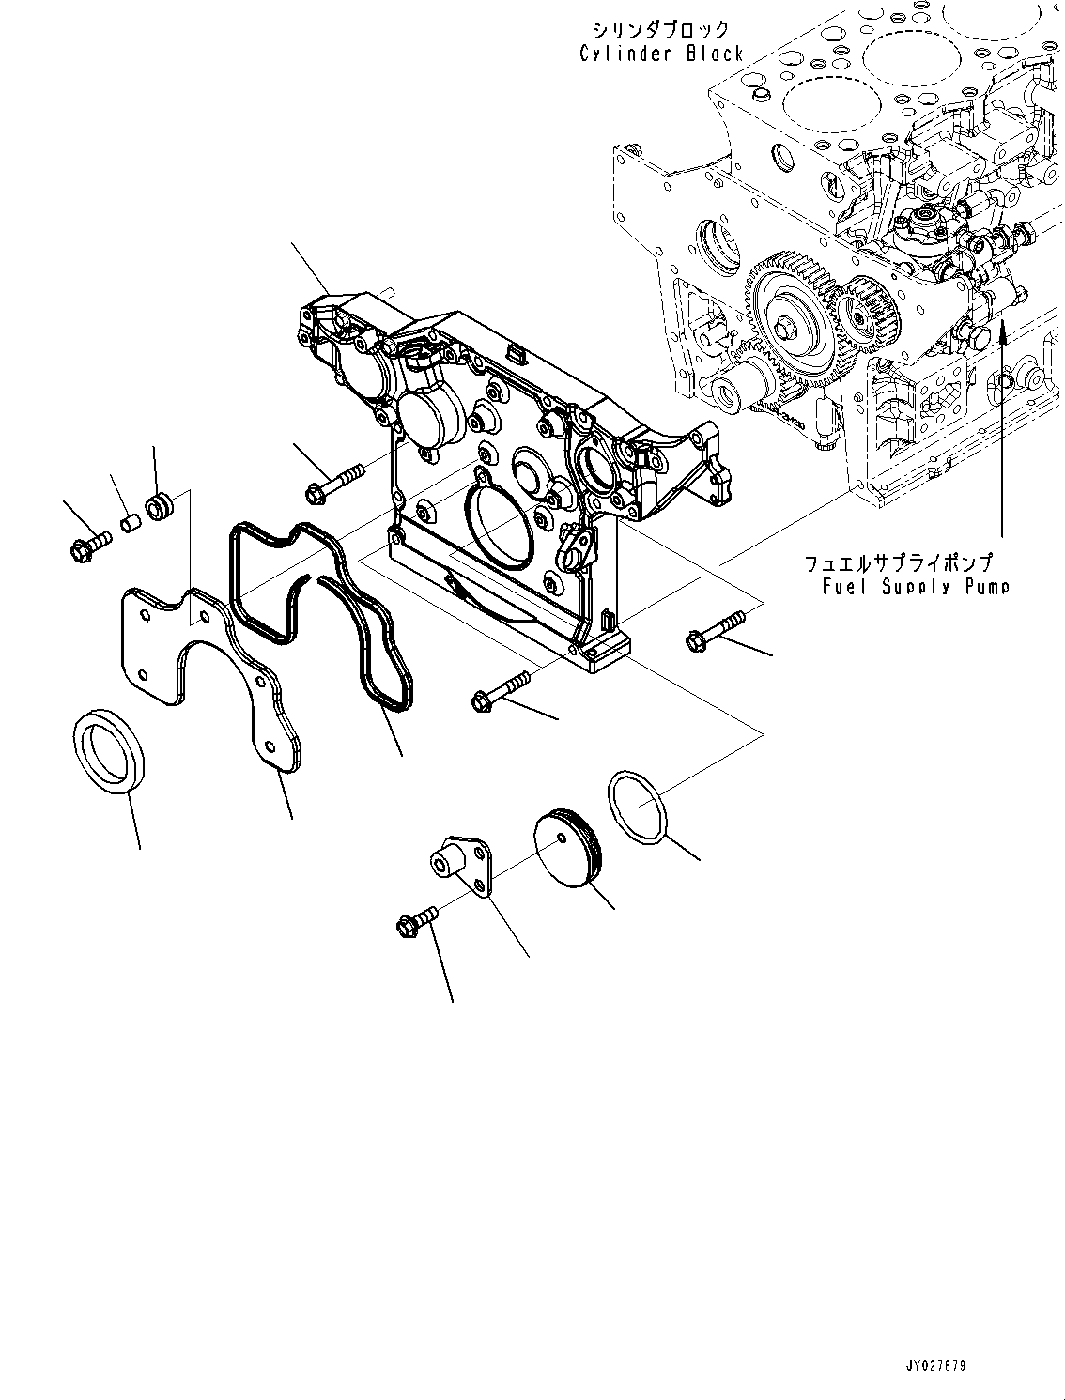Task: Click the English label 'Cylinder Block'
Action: (661, 54)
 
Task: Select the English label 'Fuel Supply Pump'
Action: (916, 587)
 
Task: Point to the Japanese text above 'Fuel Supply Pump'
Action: (898, 563)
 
